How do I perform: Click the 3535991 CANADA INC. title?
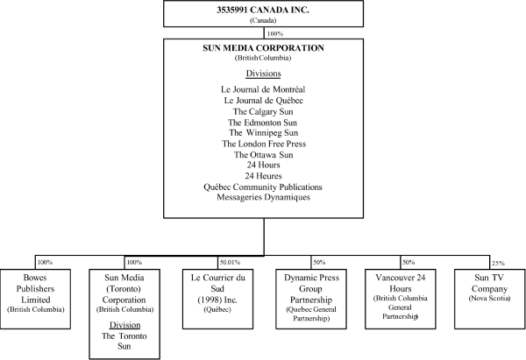(263, 10)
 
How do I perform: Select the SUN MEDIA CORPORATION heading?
(263, 48)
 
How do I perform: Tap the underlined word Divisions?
(263, 74)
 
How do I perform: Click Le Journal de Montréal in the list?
(263, 89)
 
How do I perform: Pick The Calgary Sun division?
(263, 111)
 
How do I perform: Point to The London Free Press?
(264, 144)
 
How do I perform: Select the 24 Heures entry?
(263, 176)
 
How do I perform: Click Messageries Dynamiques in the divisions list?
(263, 197)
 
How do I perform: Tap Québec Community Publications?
(263, 187)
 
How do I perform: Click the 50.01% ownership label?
(230, 262)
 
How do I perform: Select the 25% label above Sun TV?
(498, 263)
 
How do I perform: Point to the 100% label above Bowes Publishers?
(45, 262)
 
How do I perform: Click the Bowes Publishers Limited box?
(35, 299)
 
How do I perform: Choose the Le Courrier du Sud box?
(217, 299)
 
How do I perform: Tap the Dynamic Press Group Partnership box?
(311, 299)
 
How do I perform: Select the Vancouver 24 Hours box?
(401, 299)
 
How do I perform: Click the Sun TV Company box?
(490, 299)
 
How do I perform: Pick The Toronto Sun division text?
(124, 341)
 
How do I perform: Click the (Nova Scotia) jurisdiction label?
(489, 298)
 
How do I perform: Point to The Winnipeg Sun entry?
(263, 133)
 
